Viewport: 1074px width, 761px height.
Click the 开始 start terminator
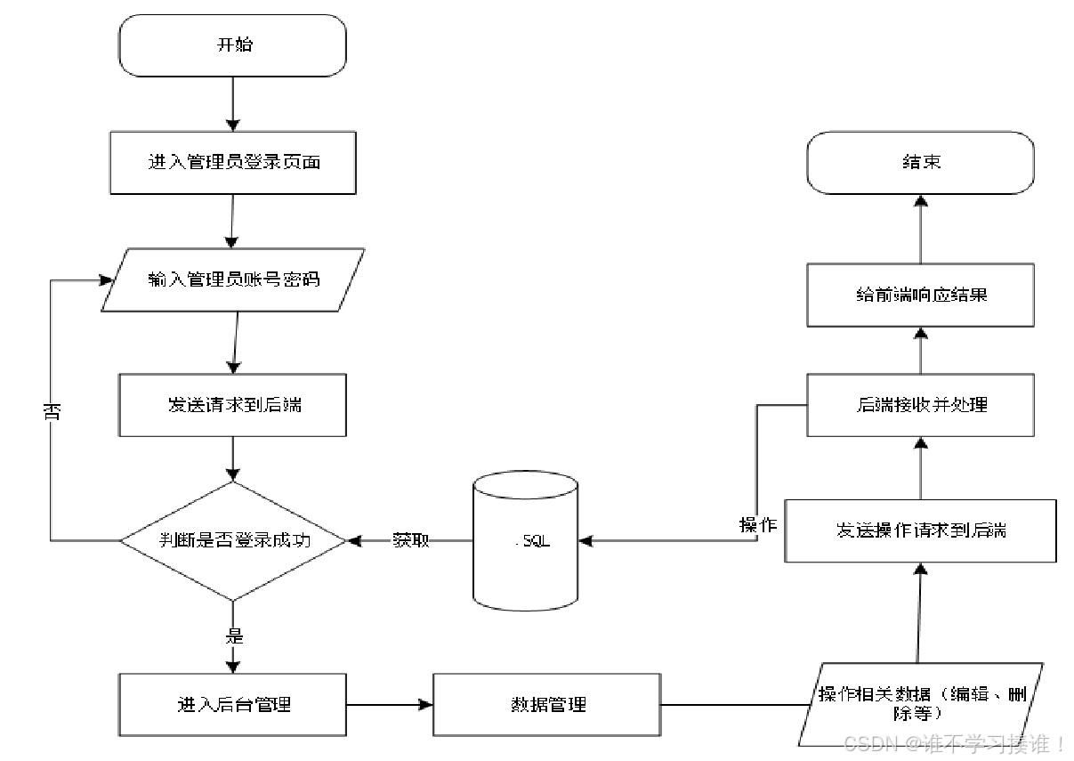pos(232,45)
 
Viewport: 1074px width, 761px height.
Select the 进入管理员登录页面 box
pos(232,163)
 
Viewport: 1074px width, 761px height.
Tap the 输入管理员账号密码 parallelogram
pos(233,279)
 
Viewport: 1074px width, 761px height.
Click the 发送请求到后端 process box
pos(232,405)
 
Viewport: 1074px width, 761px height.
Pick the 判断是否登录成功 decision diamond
pos(232,540)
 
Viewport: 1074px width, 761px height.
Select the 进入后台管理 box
pos(232,704)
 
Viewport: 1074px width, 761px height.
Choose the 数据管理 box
pos(547,704)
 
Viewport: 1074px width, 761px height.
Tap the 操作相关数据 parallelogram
pos(919,704)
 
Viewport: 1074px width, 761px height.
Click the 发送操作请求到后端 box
pos(920,530)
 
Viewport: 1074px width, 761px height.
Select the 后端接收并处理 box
pos(920,405)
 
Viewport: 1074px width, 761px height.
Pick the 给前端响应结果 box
pos(920,295)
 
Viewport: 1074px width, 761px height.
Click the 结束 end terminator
pos(920,162)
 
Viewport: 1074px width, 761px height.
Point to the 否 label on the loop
pos(51,410)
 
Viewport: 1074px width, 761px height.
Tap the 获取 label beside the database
pos(411,540)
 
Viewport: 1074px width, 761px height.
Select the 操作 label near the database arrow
pos(757,525)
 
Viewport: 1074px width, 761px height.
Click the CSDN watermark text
pos(953,742)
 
